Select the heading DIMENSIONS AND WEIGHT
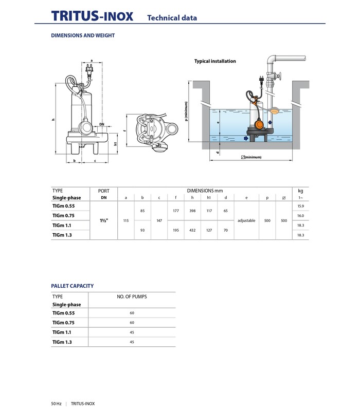tap(83, 35)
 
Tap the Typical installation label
tap(215, 61)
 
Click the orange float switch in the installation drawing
tap(261, 123)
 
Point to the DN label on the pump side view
tap(102, 124)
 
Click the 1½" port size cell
tap(103, 220)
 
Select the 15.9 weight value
tap(300, 206)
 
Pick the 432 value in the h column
tap(192, 230)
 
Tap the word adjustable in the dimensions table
tap(246, 220)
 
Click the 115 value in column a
tap(126, 220)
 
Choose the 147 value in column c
tap(159, 220)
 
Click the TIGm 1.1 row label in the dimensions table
tap(62, 225)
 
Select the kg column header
tap(300, 191)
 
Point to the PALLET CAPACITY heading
tap(73, 286)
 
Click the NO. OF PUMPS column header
tap(132, 296)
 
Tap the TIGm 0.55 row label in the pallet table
tap(63, 313)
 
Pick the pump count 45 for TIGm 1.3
tap(132, 342)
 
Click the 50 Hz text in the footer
tap(56, 403)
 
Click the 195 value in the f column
tap(176, 230)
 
